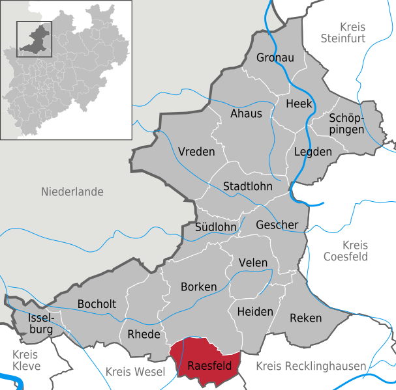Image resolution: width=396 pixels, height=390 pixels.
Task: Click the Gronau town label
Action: tap(275, 58)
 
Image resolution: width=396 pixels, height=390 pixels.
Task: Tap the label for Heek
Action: tap(299, 104)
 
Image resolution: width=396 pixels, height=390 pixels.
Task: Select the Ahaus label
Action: tap(246, 113)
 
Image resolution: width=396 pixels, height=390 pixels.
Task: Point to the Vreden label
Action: tap(196, 152)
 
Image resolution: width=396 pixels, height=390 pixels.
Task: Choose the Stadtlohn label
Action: tap(248, 186)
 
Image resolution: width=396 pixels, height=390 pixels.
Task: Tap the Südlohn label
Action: tap(216, 227)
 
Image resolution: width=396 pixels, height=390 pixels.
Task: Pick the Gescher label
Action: tap(277, 225)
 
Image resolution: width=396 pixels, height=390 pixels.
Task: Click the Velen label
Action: tap(253, 262)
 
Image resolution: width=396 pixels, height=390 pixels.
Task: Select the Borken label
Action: tap(198, 286)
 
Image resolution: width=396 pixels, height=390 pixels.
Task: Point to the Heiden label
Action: tap(255, 311)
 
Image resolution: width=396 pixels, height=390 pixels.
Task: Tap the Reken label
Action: tap(306, 318)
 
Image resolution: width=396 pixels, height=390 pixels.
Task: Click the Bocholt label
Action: tap(97, 304)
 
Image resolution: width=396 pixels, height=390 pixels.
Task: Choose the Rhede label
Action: tap(144, 335)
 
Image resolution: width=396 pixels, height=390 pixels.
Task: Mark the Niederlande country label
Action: tap(72, 192)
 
